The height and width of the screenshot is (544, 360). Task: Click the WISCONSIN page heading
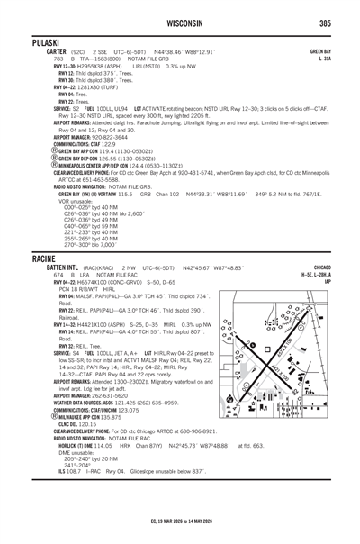pos(179,23)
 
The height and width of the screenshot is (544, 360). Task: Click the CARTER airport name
pos(33,53)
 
